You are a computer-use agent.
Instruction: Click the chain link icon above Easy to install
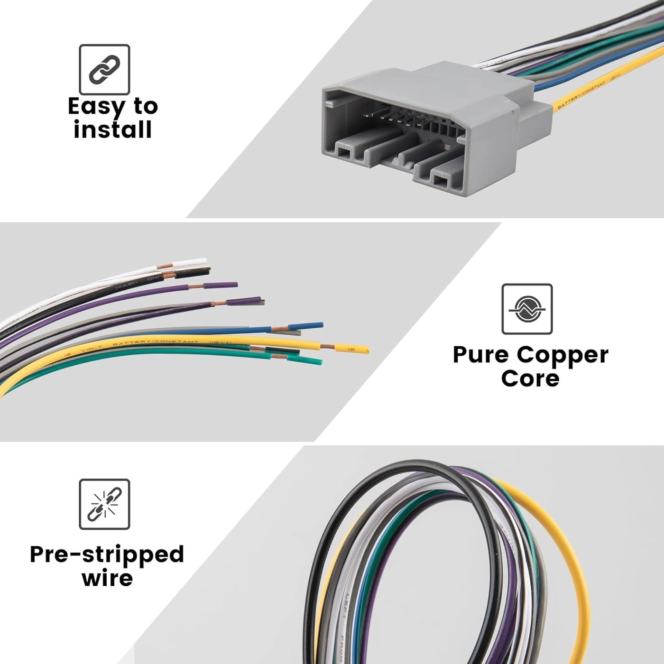[104, 69]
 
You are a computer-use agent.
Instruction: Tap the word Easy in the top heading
[95, 107]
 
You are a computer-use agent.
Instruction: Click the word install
[112, 129]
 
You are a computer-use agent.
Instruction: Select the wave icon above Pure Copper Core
[527, 309]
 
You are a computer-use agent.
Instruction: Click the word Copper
[563, 356]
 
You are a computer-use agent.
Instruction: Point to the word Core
[530, 378]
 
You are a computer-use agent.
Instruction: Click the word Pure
[480, 355]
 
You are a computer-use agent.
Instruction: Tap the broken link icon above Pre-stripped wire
[104, 504]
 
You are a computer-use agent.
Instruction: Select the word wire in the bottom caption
[107, 578]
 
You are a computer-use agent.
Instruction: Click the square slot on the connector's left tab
[342, 152]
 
